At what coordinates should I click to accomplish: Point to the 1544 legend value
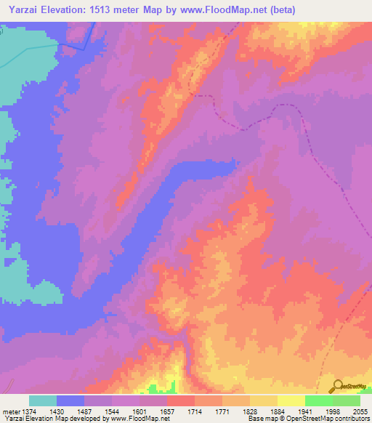click(x=113, y=411)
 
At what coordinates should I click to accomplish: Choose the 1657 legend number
click(x=168, y=411)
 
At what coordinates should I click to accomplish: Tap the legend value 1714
click(x=195, y=411)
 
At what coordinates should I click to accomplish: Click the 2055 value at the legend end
click(x=359, y=411)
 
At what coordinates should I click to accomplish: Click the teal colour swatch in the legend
click(x=43, y=400)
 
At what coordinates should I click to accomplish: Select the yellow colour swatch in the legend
click(x=291, y=400)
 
